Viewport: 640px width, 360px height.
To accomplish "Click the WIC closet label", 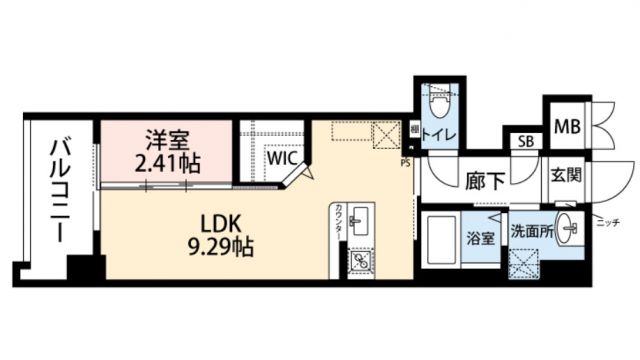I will tap(280, 156).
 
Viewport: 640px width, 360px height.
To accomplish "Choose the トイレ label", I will tap(439, 134).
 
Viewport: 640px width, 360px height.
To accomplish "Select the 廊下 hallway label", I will tap(484, 183).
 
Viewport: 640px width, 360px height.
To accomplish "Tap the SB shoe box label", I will tap(525, 141).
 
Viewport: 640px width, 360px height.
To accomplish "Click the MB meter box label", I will tap(566, 126).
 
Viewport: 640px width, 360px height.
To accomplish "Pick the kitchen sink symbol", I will tap(361, 221).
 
